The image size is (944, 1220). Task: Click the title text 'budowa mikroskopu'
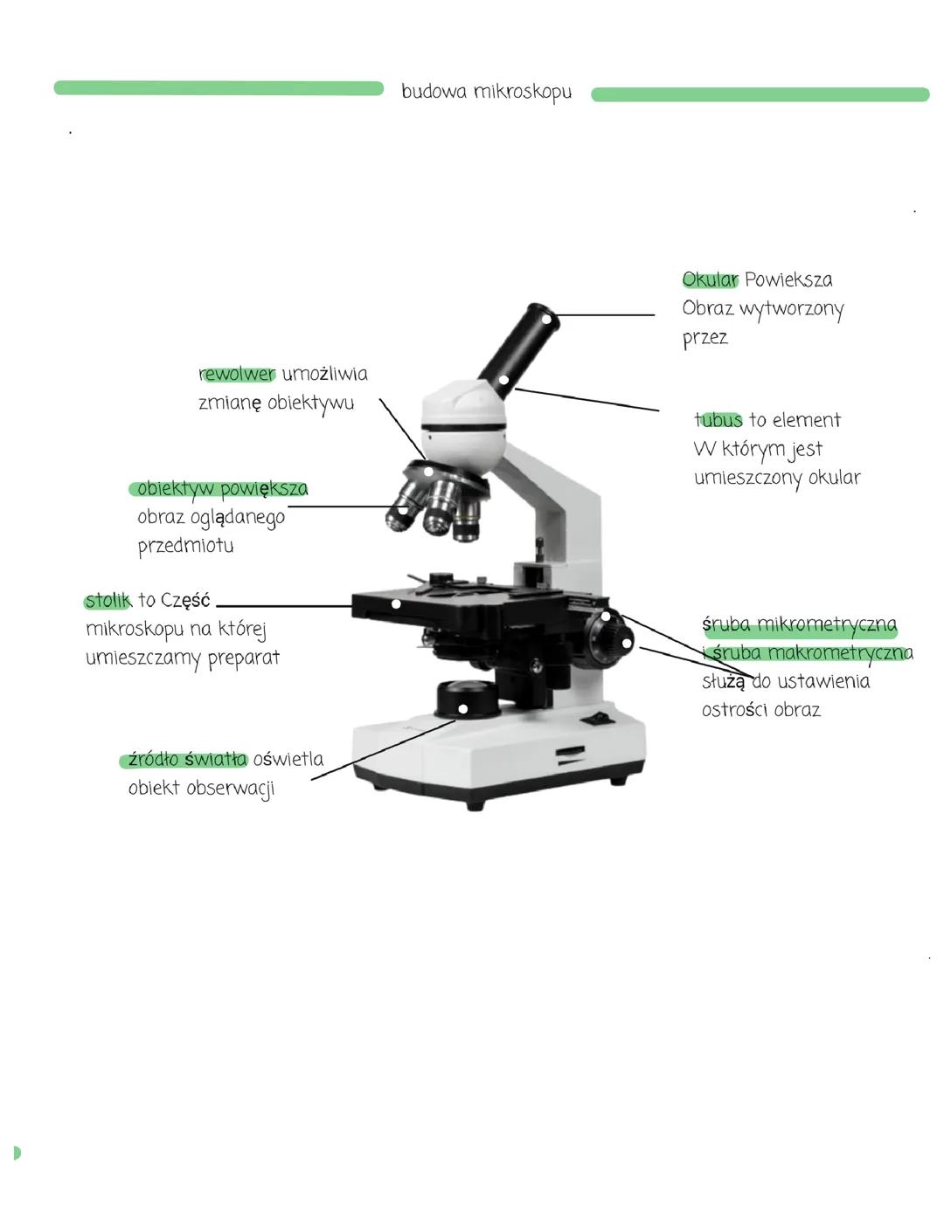click(487, 92)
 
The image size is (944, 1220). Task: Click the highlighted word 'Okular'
click(710, 279)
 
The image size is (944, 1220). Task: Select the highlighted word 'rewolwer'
click(237, 374)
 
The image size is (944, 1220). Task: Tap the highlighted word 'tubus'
click(718, 419)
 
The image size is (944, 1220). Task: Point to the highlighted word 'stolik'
click(108, 600)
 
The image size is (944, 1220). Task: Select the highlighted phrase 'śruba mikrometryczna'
click(800, 624)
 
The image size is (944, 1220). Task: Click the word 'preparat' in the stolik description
click(244, 658)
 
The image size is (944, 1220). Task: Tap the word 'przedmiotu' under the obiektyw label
click(185, 546)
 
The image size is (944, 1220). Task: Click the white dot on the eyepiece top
click(547, 319)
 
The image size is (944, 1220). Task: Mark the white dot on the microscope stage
click(396, 604)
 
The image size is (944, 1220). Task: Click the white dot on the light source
click(463, 709)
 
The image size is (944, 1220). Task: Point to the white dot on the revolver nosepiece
click(428, 472)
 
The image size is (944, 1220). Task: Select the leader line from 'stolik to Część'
click(284, 606)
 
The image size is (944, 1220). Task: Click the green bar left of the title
click(219, 88)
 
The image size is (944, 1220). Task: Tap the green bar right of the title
click(760, 94)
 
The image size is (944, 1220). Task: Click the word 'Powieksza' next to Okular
click(788, 279)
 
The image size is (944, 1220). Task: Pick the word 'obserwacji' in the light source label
click(231, 789)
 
